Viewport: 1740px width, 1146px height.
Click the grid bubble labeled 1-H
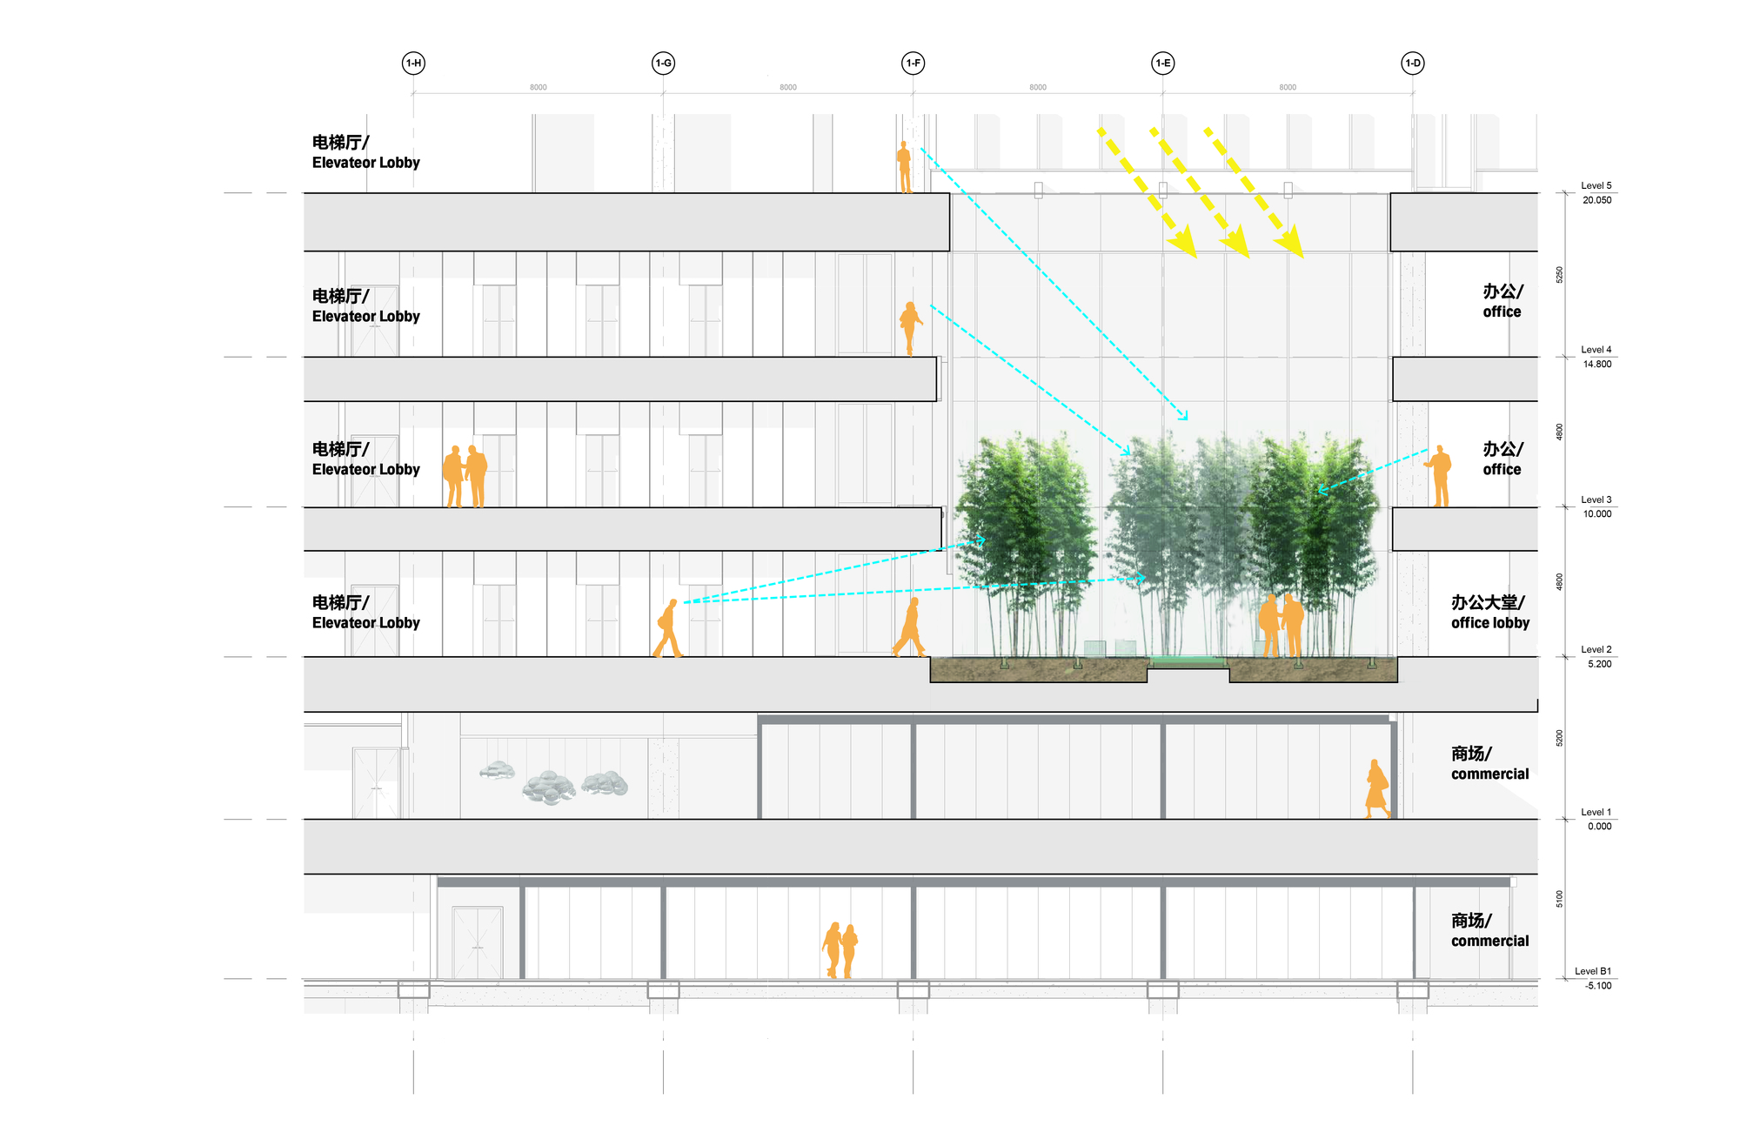click(x=413, y=63)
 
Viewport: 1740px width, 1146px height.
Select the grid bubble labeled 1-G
click(x=663, y=63)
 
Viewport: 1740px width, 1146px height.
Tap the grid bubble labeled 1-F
click(x=913, y=63)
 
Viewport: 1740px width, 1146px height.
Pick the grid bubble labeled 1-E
click(x=1162, y=63)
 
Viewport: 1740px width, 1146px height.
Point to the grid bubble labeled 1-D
click(x=1412, y=63)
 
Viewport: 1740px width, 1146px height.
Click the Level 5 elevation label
click(x=1596, y=185)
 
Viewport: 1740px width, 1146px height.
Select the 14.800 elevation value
click(x=1596, y=364)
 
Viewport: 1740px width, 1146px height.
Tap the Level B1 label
click(x=1592, y=971)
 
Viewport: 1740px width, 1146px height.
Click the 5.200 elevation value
click(x=1599, y=664)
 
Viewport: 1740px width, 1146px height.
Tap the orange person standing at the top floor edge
click(x=905, y=166)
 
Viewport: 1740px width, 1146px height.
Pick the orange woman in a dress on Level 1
click(x=1376, y=788)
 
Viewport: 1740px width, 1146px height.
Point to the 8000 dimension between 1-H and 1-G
click(x=539, y=87)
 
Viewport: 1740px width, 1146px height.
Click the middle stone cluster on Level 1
click(x=549, y=786)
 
